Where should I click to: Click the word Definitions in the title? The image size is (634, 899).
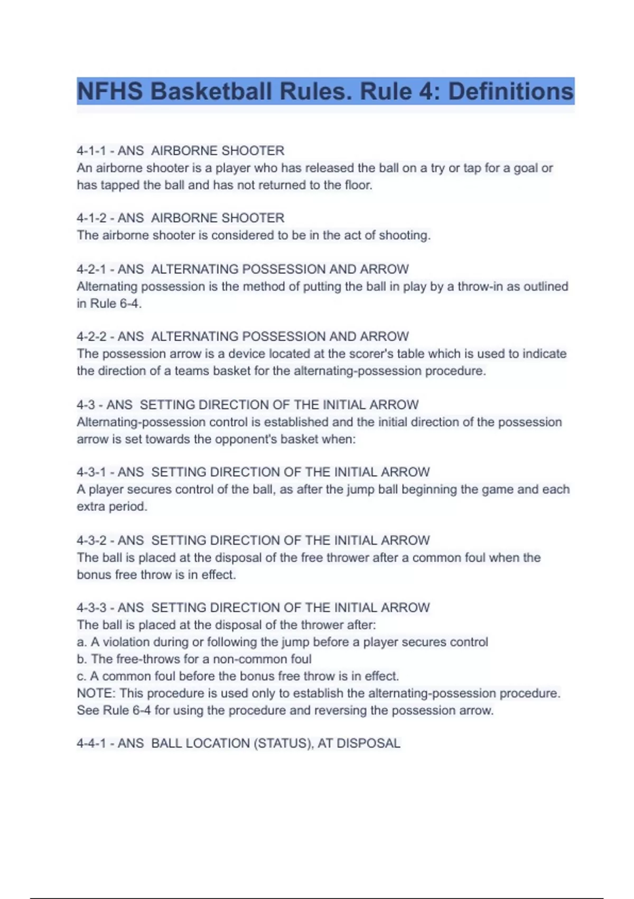(x=510, y=91)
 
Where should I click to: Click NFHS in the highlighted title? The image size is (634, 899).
(x=110, y=91)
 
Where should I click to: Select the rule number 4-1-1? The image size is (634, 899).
(x=91, y=151)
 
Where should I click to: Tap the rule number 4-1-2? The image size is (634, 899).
(x=91, y=218)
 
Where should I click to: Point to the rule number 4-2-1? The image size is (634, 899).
(x=91, y=269)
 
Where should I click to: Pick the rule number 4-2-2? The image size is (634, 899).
(x=91, y=336)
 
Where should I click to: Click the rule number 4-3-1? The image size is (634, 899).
(x=91, y=472)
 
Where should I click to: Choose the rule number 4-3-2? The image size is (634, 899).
(x=91, y=540)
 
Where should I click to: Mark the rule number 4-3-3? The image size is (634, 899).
(x=91, y=608)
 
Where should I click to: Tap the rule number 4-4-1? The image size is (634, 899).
(x=91, y=744)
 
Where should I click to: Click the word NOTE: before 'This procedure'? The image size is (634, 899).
(x=96, y=693)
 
